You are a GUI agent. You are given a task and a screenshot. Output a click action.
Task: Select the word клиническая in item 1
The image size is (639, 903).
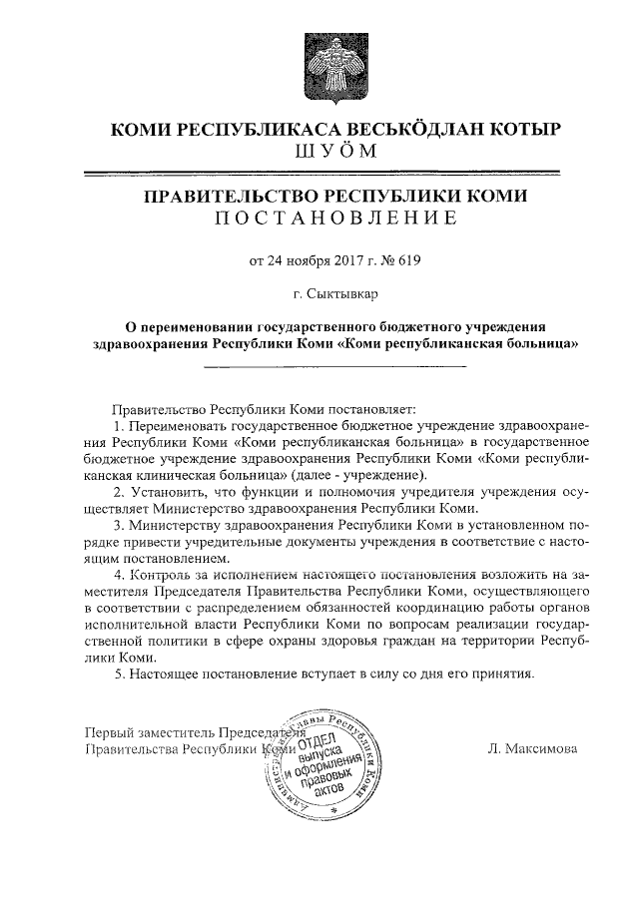tap(174, 474)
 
